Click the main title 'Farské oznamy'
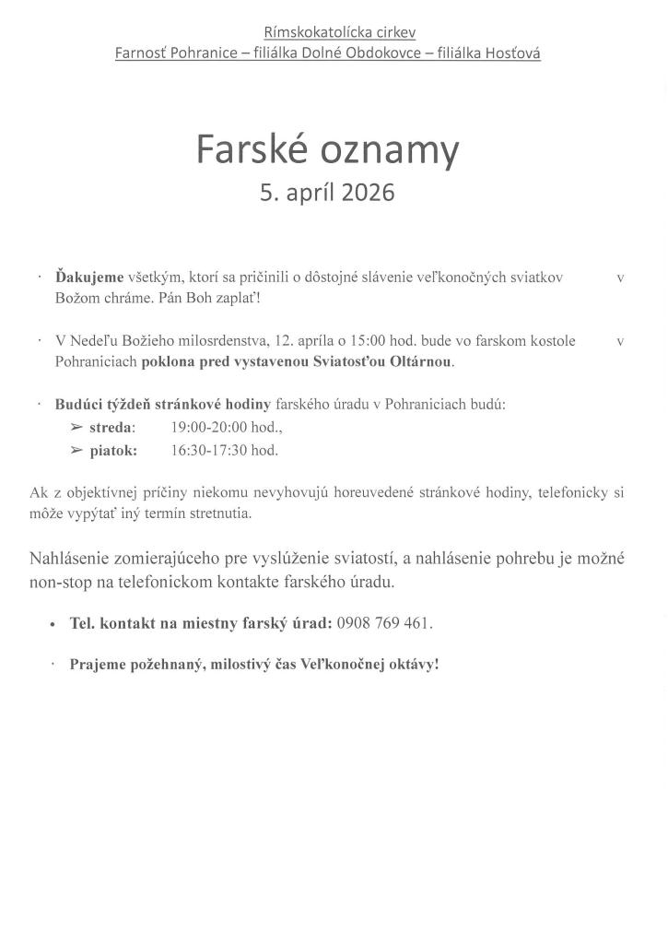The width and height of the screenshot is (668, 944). (327, 149)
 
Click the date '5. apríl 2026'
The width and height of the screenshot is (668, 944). (327, 193)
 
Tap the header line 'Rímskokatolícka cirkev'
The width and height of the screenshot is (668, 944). (339, 32)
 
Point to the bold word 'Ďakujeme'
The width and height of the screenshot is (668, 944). (88, 277)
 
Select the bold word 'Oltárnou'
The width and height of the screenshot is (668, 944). (421, 361)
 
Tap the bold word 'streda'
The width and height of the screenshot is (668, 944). (111, 428)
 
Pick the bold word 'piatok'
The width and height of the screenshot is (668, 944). (112, 451)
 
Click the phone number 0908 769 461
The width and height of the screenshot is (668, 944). (384, 623)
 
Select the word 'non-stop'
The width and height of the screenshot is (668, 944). (60, 583)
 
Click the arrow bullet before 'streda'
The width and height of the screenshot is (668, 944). (76, 428)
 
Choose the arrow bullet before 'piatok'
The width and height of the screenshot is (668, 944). (76, 451)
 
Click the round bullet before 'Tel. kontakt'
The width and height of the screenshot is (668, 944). (53, 624)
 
